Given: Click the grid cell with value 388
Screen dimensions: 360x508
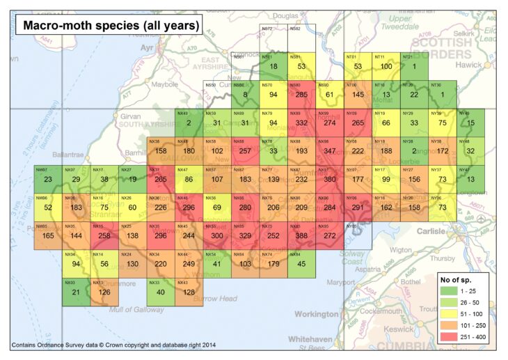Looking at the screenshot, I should (x=302, y=235).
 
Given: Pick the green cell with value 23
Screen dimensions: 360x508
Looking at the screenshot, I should (x=47, y=178).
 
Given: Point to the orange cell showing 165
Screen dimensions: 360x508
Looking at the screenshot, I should (x=47, y=235).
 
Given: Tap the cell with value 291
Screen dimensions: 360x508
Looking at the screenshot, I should (x=358, y=206).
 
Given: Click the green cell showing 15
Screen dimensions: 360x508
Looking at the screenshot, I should (x=470, y=122).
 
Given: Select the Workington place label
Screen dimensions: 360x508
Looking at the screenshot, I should (x=315, y=314).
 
